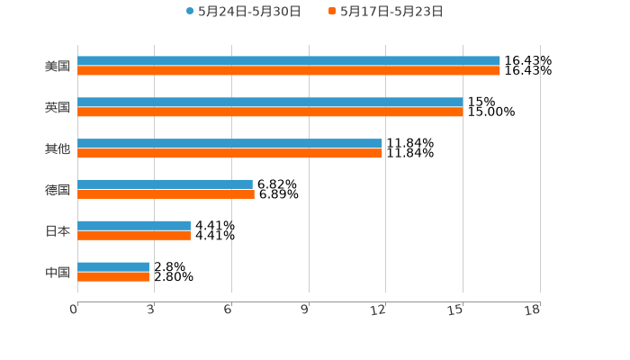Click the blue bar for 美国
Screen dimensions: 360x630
click(288, 61)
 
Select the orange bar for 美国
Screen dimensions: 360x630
click(288, 71)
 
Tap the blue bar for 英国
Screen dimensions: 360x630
click(270, 103)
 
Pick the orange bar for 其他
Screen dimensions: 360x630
click(229, 154)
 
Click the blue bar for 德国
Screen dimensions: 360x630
click(165, 184)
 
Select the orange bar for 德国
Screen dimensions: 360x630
click(166, 194)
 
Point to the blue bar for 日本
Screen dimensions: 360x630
click(134, 226)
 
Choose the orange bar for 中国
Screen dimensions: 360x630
click(113, 277)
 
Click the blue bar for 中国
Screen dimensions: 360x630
click(113, 267)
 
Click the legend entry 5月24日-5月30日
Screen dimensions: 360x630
click(243, 12)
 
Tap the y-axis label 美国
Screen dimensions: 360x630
click(58, 66)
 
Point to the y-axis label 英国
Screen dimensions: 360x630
click(58, 107)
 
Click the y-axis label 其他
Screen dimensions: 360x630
click(58, 148)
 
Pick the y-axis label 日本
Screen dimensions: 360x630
click(58, 230)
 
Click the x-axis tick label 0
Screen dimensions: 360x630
click(75, 310)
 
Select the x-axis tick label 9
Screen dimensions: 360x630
click(305, 310)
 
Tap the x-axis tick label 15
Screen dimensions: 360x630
click(457, 310)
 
